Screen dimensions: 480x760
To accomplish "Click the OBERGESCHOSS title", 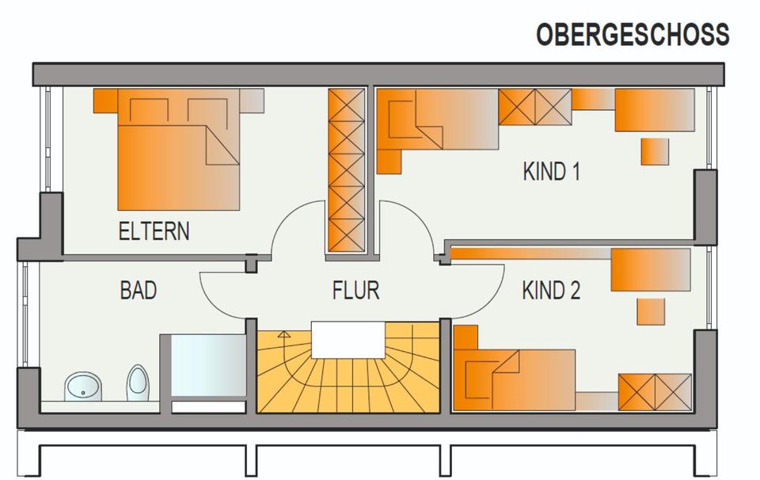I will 632,36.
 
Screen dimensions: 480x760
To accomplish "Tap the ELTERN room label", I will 154,231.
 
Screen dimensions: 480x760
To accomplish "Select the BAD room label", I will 138,291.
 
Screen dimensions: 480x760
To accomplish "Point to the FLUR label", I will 355,291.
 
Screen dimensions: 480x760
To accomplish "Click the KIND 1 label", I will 551,172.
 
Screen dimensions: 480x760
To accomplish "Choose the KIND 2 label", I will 551,291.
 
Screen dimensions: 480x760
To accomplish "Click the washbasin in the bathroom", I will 82,387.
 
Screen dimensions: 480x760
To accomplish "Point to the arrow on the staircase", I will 283,337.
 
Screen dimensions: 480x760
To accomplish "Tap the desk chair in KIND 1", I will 655,151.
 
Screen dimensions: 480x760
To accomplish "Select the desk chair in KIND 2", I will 651,311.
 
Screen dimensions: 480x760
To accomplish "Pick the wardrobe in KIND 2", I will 655,390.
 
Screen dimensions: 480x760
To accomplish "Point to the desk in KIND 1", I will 655,109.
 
